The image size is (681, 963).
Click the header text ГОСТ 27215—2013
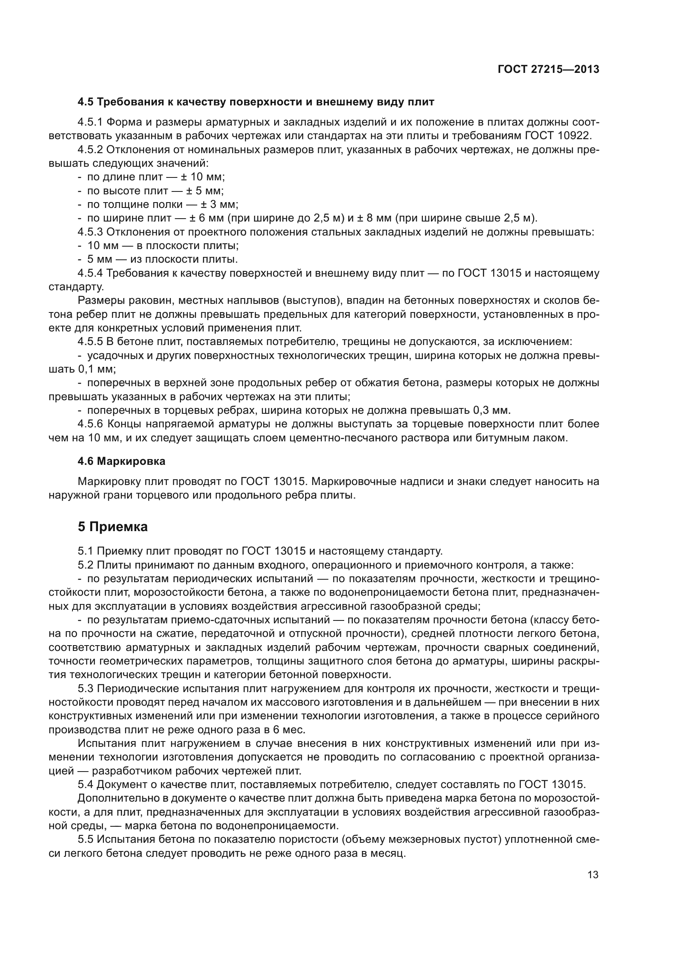[548, 70]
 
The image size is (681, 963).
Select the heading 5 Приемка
[112, 527]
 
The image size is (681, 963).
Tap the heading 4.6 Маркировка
[121, 462]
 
